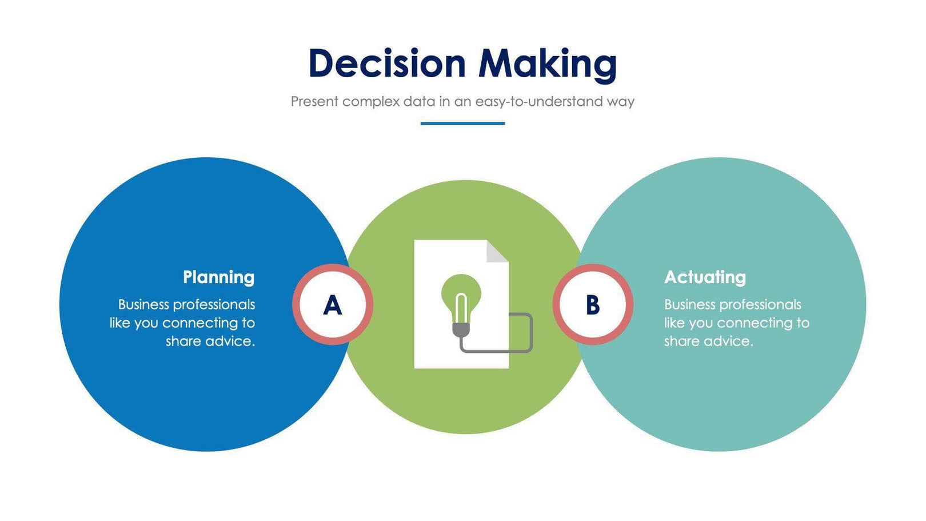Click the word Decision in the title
coord(387,63)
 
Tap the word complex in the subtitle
coord(371,102)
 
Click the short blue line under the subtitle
coord(462,123)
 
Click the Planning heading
coord(218,277)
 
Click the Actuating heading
coord(705,277)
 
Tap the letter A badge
coord(332,305)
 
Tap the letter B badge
coord(593,305)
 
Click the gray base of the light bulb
coord(461,329)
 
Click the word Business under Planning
coord(143,305)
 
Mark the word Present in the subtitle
coord(314,102)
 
